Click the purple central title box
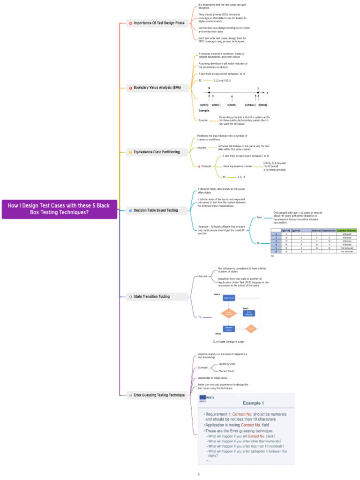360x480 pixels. coord(60,209)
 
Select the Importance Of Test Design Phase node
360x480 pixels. coord(159,23)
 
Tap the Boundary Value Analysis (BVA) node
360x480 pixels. coord(157,88)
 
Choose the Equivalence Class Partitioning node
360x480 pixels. coord(157,152)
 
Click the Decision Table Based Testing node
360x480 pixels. coord(156,210)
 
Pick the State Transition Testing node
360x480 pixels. coord(151,296)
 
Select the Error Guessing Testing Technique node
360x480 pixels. coord(159,395)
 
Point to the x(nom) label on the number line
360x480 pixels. coord(232,105)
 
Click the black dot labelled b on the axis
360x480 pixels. coord(258,93)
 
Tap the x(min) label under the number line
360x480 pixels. coord(204,105)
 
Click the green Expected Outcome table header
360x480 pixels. coord(347,231)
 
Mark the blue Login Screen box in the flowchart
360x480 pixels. coord(229,298)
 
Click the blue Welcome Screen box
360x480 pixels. coord(229,329)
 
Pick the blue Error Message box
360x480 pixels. coord(249,313)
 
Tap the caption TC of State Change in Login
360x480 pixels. coord(228,342)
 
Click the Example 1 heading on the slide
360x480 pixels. coord(253,403)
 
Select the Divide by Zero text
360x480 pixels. coord(227,364)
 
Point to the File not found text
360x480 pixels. coord(227,371)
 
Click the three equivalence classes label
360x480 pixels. coord(238,166)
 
